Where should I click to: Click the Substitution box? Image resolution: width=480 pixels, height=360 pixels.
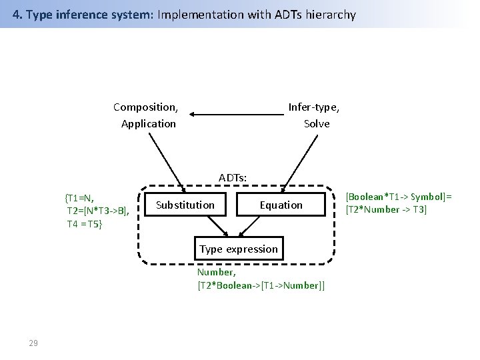click(x=185, y=205)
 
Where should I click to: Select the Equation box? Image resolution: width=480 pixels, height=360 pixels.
click(x=281, y=205)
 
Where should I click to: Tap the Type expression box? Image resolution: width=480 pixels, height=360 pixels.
click(x=238, y=249)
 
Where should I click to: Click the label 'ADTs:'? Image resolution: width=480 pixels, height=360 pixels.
click(x=233, y=177)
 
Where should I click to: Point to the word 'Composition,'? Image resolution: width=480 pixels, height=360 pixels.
click(x=145, y=107)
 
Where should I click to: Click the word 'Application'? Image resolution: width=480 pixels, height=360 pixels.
click(x=149, y=123)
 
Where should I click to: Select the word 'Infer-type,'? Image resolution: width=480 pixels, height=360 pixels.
click(x=313, y=107)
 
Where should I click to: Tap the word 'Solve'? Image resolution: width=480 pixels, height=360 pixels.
click(x=317, y=123)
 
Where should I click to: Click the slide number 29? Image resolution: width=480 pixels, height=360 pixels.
click(x=33, y=343)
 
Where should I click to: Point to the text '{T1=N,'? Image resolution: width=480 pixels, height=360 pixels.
click(x=79, y=197)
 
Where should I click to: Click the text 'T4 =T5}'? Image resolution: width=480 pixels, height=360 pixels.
click(x=85, y=223)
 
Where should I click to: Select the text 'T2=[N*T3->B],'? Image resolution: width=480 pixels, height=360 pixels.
click(x=97, y=211)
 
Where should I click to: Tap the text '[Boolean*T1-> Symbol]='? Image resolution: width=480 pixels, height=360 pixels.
click(x=398, y=197)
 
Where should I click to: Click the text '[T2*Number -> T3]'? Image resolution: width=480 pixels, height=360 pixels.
click(x=385, y=210)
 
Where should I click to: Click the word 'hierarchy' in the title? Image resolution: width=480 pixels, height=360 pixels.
click(x=331, y=14)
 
